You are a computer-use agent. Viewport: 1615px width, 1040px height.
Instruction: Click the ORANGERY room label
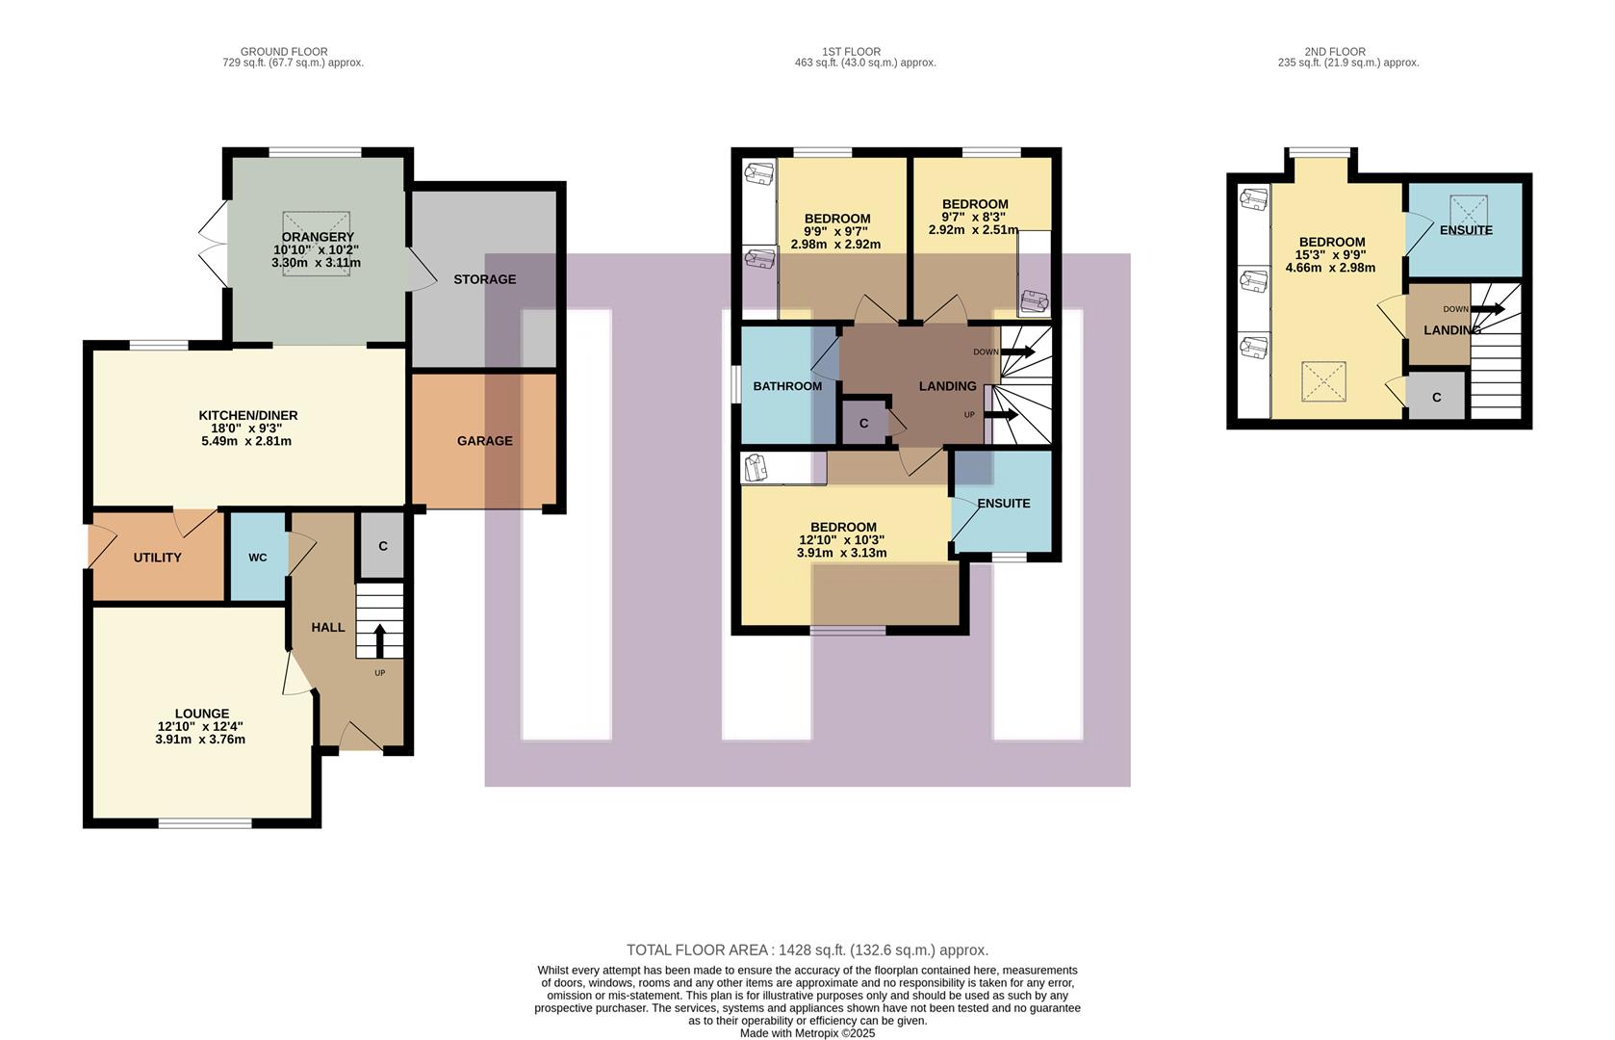[318, 237]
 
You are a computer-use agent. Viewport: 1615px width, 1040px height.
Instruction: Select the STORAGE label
[484, 279]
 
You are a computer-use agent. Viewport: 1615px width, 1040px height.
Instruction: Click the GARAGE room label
[484, 441]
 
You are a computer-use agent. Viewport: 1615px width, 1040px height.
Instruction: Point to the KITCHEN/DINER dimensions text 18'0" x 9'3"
[247, 429]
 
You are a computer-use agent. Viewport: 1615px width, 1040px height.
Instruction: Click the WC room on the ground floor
[258, 558]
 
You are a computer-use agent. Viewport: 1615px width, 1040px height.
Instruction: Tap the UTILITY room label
[157, 558]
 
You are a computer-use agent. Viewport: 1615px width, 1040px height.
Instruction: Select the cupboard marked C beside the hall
[382, 546]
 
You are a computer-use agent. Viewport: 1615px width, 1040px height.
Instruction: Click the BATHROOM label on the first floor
[786, 386]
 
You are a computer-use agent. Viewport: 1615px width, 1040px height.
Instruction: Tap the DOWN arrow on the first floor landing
[1017, 351]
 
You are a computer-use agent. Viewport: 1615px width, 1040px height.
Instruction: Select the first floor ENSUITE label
[1003, 504]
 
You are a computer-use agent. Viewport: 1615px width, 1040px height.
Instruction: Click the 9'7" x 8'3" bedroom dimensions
[974, 218]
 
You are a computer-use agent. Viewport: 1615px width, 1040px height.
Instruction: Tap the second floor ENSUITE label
[1465, 230]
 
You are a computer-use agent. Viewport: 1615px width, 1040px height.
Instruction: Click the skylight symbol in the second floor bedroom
[1323, 381]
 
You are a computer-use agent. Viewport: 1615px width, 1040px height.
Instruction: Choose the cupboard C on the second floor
[1436, 398]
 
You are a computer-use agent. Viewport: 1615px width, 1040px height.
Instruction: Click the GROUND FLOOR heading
[284, 52]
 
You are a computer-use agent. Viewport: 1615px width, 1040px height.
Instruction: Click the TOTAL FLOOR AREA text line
[807, 950]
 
